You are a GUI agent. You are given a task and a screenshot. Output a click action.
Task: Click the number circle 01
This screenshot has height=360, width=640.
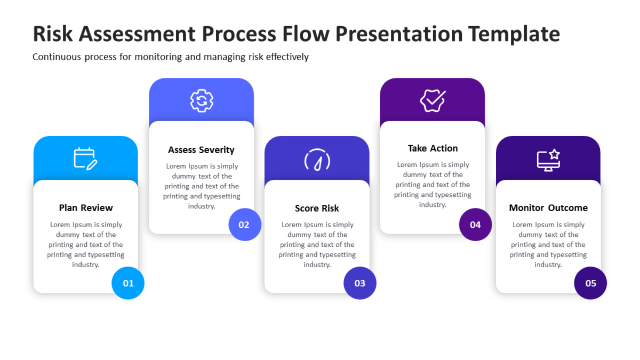(128, 283)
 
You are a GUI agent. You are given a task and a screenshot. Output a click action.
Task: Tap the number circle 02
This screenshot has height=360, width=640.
(244, 225)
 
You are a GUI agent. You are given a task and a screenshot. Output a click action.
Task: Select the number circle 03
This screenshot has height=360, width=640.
(360, 283)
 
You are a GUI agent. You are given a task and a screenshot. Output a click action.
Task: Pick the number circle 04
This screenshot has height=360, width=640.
(475, 225)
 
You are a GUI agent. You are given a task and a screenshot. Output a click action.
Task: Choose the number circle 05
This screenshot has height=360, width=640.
(590, 283)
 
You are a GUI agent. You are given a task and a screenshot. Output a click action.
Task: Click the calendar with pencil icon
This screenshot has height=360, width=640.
(85, 159)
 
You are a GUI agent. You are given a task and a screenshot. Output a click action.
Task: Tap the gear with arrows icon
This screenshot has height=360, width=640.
(202, 101)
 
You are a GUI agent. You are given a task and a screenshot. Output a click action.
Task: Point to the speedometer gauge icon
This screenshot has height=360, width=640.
(317, 159)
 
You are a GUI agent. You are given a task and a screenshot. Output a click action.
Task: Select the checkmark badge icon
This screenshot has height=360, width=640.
(433, 100)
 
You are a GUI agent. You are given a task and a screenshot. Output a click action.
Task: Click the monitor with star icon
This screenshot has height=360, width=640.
(548, 159)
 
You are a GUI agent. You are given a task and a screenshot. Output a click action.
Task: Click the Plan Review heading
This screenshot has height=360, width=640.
(86, 208)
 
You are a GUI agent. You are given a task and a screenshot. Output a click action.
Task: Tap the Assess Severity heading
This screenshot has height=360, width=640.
(201, 150)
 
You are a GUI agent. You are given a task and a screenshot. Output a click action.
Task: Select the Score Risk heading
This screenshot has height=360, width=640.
(317, 209)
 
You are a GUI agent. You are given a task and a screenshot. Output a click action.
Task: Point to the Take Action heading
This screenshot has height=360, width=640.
(433, 148)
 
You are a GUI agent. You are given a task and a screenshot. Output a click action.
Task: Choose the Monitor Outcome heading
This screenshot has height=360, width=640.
(548, 208)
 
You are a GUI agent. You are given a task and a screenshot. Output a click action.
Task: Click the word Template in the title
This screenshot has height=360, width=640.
(515, 34)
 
